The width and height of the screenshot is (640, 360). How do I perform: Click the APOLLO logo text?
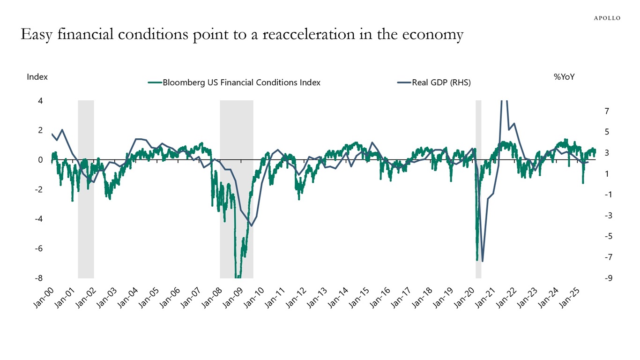click(x=607, y=18)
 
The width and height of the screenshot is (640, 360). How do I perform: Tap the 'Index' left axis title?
click(x=37, y=77)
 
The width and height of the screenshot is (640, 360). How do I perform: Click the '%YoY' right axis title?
click(x=564, y=77)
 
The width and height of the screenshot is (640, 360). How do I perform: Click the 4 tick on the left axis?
click(x=40, y=101)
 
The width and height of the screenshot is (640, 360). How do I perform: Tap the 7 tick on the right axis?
click(x=607, y=111)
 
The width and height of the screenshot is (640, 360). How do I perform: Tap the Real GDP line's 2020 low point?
click(x=482, y=261)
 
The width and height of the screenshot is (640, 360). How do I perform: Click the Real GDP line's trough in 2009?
click(x=251, y=226)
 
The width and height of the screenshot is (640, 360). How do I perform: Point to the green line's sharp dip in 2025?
click(x=583, y=182)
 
